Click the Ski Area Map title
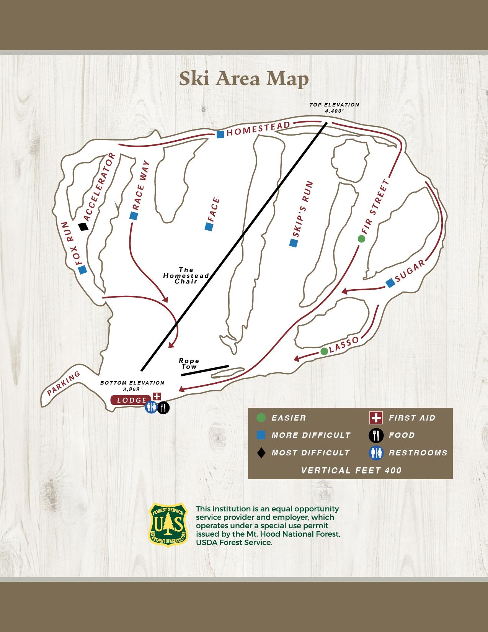click(244, 79)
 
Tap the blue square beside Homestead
click(220, 134)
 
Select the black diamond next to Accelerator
click(83, 227)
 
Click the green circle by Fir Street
click(361, 239)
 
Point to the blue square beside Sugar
click(390, 283)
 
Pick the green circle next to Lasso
click(324, 351)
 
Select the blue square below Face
click(209, 227)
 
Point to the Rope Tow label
click(189, 363)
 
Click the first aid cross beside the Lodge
click(157, 396)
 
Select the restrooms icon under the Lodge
click(151, 408)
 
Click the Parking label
click(64, 383)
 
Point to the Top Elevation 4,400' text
click(334, 108)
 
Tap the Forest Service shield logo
click(168, 525)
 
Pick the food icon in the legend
click(376, 435)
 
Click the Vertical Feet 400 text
click(351, 470)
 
